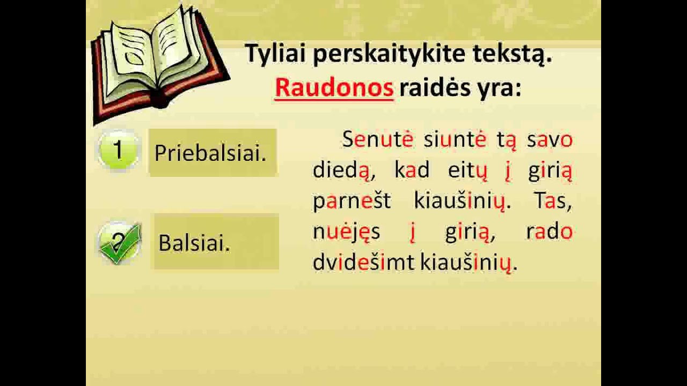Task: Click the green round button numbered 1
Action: click(118, 152)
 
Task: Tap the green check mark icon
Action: click(120, 243)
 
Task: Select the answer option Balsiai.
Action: click(195, 243)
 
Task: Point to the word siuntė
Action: click(455, 140)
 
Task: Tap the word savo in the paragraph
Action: click(550, 140)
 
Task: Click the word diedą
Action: click(341, 171)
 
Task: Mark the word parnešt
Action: click(352, 202)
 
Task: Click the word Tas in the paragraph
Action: click(552, 202)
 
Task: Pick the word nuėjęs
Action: click(346, 232)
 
